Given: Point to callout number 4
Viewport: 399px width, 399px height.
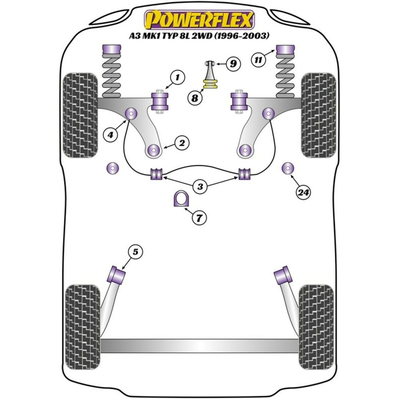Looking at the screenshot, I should coord(110,135).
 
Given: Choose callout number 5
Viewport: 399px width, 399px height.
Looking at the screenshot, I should coord(135,252).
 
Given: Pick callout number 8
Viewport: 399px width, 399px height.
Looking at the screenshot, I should coord(195,98).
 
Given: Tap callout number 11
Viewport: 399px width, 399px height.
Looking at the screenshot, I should coord(259,60).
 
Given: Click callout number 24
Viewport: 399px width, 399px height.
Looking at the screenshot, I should coord(303,193).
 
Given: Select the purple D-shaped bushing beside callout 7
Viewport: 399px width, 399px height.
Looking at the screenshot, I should coord(180,199).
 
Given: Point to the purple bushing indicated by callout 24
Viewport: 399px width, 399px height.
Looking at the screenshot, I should coord(287,169).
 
